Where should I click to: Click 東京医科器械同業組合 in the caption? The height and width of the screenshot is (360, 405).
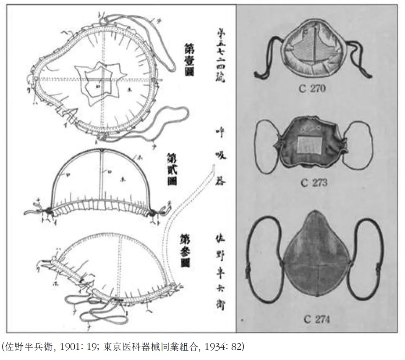pyautogui.click(x=151, y=347)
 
